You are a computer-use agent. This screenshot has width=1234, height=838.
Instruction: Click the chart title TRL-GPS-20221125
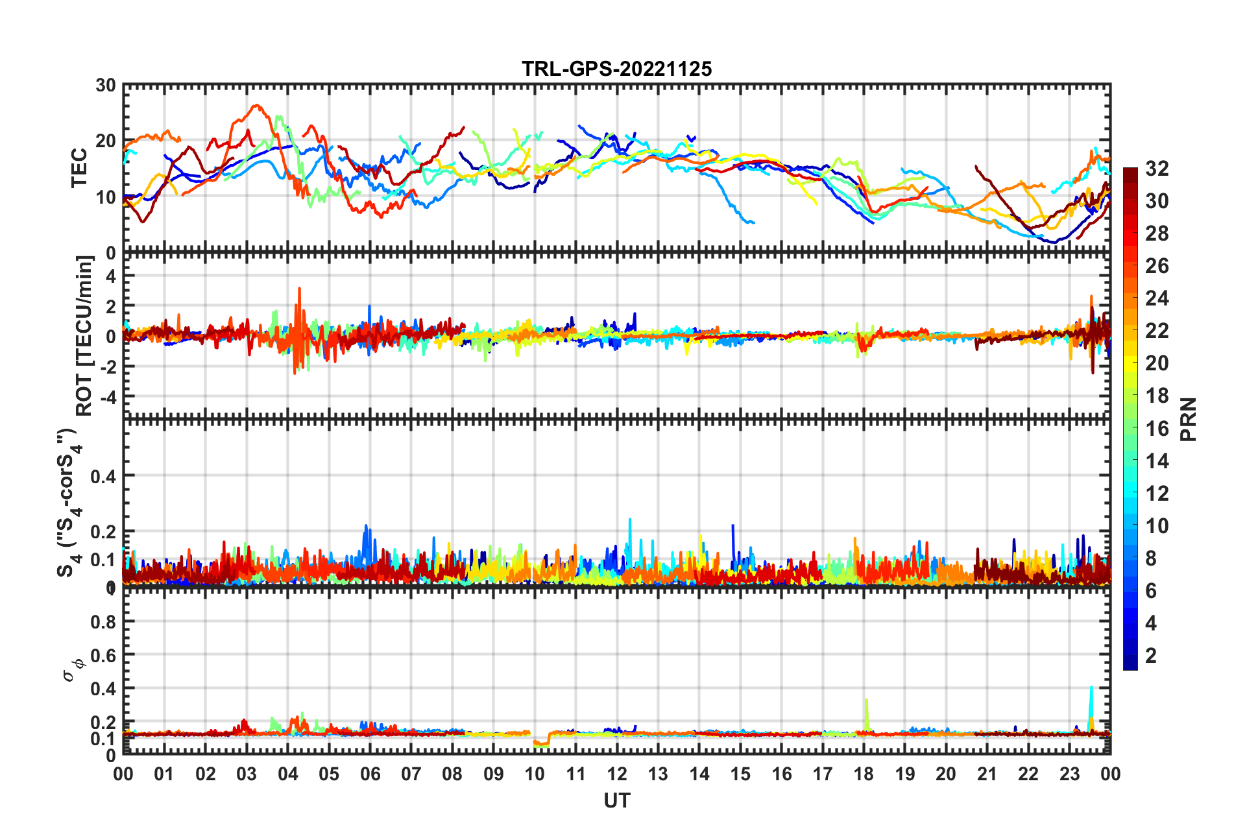point(616,69)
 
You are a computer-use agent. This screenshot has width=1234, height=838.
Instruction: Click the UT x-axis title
point(616,801)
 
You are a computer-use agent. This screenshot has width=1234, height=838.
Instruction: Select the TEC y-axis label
point(79,168)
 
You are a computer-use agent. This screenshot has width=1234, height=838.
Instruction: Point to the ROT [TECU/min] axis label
point(84,335)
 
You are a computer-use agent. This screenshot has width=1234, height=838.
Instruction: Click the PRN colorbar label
point(1188,419)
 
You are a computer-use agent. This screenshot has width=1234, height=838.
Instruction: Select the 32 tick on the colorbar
point(1157,169)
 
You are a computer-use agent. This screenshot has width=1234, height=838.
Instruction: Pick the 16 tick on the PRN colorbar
point(1157,428)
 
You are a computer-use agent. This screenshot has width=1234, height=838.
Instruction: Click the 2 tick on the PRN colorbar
point(1151,655)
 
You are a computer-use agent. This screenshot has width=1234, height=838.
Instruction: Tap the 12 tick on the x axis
point(617,774)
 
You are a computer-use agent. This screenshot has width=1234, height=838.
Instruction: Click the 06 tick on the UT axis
point(370,774)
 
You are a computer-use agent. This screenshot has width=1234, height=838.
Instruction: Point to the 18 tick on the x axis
point(864,774)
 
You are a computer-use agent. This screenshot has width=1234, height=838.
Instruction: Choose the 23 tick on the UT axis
point(1069,774)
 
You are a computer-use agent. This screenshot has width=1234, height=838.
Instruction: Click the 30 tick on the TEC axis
point(106,86)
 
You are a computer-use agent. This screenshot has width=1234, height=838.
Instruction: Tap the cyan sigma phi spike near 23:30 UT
point(1091,689)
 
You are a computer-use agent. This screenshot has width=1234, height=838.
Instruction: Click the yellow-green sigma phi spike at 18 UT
point(867,702)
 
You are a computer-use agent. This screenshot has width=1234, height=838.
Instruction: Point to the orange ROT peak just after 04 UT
point(299,289)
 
